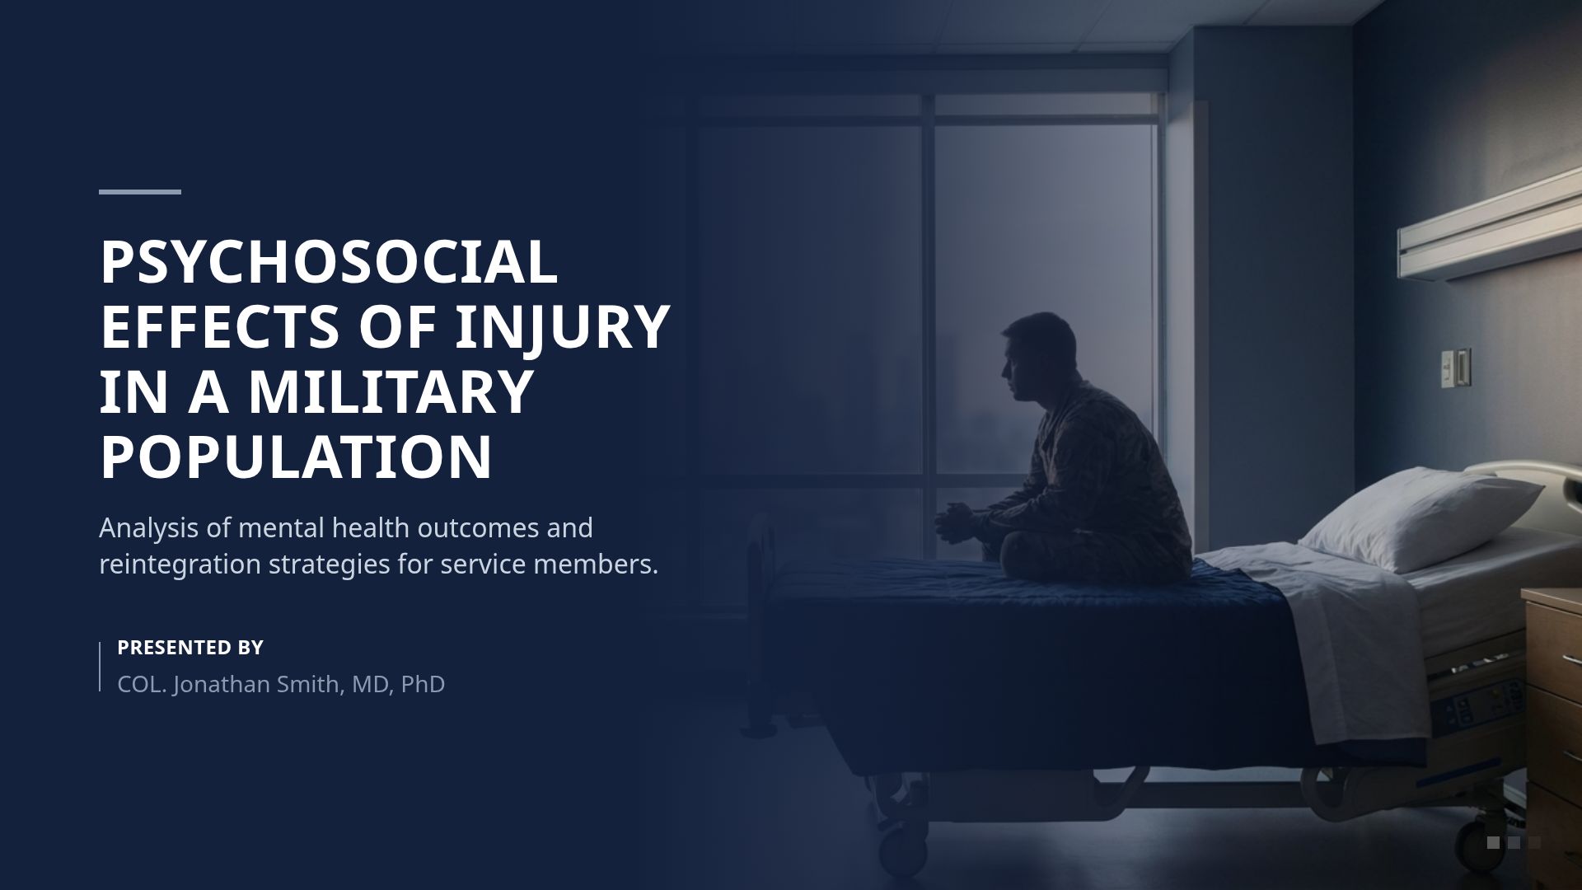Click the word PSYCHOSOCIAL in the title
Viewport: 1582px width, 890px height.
[329, 263]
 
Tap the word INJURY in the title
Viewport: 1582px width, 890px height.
[563, 327]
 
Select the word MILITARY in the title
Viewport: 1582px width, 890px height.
[391, 391]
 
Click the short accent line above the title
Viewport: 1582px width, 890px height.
[140, 192]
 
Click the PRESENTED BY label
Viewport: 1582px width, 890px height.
[190, 648]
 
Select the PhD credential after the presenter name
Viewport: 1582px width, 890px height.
[423, 684]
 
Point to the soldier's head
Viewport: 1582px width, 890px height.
[1040, 354]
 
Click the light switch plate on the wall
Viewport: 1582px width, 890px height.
[1455, 368]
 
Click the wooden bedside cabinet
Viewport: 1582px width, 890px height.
[1553, 700]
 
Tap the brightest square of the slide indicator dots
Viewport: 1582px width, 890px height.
[1493, 842]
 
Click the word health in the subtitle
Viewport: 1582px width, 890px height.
[371, 527]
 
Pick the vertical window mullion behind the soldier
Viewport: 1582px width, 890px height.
[929, 330]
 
